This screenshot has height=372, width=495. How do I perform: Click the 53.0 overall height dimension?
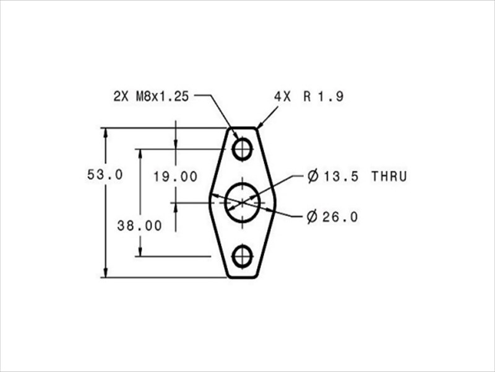[105, 175]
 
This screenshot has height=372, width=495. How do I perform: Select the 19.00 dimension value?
[176, 177]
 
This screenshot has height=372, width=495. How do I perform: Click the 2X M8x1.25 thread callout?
[151, 97]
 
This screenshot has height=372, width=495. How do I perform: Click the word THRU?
[389, 177]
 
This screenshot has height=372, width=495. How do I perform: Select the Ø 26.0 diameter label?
[332, 217]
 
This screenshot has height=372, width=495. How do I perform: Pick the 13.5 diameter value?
[341, 177]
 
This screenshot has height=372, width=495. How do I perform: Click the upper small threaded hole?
[242, 149]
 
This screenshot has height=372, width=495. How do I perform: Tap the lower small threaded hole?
[242, 255]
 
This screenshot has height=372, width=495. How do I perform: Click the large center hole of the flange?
[242, 201]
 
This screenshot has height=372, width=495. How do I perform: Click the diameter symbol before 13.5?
[312, 177]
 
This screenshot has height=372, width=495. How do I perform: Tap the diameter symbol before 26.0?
[312, 217]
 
